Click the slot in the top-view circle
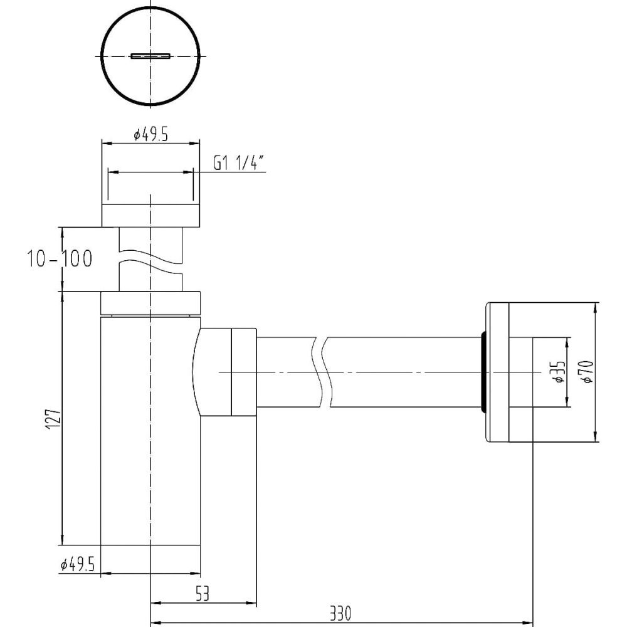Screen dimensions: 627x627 coord(150,56)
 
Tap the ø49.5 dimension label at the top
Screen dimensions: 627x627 coord(150,135)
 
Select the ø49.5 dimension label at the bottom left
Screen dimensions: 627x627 coord(78,564)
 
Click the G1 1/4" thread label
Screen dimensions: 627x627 coord(239,162)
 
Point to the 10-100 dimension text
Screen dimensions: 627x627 coord(60,258)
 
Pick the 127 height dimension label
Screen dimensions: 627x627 coord(53,419)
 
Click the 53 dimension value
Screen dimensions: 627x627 coord(203,593)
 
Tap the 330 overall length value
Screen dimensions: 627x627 coord(340,613)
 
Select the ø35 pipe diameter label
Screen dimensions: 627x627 coord(560,372)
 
